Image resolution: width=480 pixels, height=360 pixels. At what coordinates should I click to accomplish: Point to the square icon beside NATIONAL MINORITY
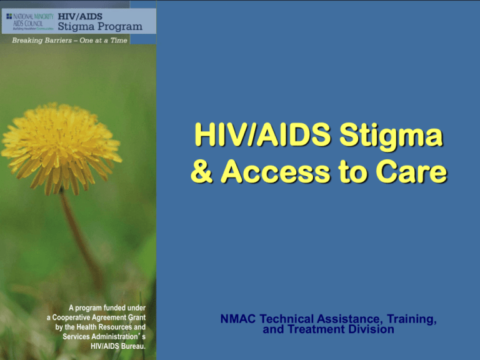click(x=8, y=16)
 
